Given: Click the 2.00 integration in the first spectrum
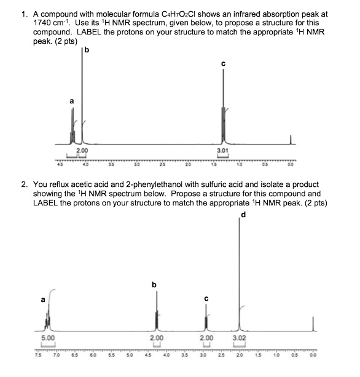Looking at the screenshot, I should pos(81,150).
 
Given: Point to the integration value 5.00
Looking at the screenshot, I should pos(47,338).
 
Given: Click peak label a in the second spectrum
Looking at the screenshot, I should pos(42,300).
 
